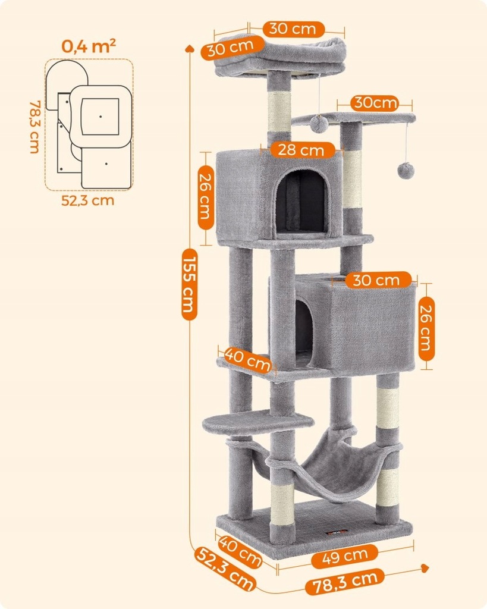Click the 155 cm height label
tap(189, 284)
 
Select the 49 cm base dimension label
tap(348, 556)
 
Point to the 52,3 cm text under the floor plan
tap(88, 200)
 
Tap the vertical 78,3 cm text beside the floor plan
tap(34, 126)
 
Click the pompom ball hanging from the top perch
tap(319, 124)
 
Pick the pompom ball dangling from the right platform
tap(406, 170)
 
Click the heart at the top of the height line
tap(189, 49)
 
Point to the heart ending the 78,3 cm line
tap(425, 568)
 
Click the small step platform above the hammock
tap(257, 421)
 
